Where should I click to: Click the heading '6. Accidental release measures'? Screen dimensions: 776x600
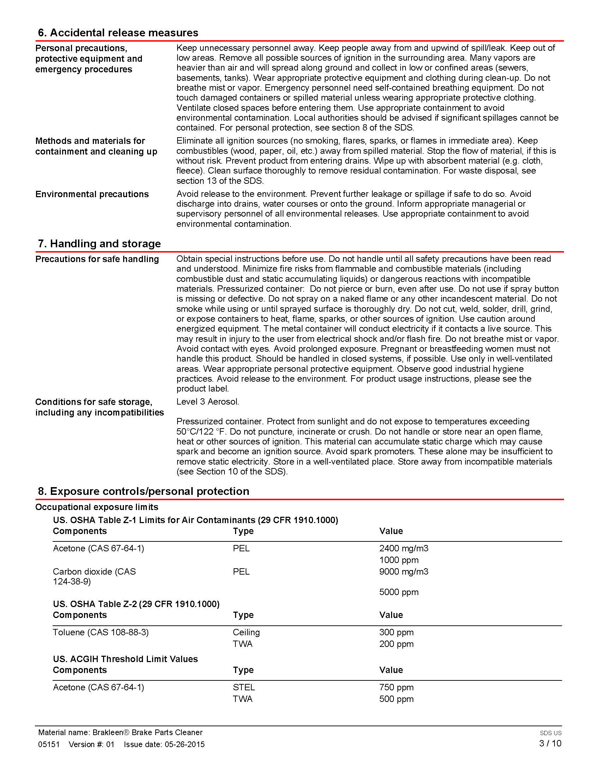pos(118,33)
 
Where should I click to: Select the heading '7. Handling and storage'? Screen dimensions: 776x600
pos(99,243)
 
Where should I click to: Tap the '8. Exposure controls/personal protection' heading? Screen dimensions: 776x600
pos(143,491)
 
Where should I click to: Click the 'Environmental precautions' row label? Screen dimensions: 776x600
pos(92,194)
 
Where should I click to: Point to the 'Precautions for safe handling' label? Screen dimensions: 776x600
pos(97,259)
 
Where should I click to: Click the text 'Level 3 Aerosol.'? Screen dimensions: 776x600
pos(208,401)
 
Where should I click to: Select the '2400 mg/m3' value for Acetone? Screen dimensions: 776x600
pos(403,548)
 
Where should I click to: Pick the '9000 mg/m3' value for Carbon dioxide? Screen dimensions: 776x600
pos(403,571)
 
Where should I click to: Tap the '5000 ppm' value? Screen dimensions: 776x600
pos(398,592)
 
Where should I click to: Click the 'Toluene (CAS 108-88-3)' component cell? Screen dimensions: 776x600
pos(101,632)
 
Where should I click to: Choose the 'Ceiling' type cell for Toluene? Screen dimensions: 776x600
pos(246,632)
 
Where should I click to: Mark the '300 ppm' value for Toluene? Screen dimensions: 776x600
pos(396,632)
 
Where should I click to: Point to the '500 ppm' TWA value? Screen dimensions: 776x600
pos(396,699)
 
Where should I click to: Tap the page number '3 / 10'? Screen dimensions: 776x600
pos(550,743)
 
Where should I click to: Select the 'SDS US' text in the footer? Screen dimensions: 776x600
pos(550,733)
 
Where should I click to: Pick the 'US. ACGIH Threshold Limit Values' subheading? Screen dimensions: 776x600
pos(125,659)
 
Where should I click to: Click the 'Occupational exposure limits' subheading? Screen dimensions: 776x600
pos(97,507)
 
